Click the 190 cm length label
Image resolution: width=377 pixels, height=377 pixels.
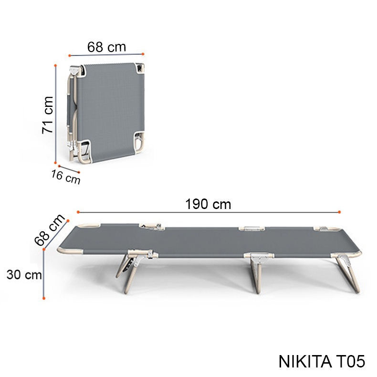[x=208, y=204]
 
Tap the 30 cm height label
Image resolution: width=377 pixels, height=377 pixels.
[x=24, y=274]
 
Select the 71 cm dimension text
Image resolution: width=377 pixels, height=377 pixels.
[x=47, y=115]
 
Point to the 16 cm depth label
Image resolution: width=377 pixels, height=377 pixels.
[x=66, y=177]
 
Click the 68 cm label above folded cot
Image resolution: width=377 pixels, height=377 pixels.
[x=106, y=47]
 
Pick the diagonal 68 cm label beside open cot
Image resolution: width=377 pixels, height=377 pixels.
[x=50, y=230]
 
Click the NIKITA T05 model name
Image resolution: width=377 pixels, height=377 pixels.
[x=322, y=361]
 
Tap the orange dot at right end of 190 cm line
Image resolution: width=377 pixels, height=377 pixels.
[x=339, y=212]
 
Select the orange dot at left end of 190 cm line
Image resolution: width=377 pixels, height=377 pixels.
[x=78, y=212]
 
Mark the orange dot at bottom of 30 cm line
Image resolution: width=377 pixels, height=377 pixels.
[x=44, y=298]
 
